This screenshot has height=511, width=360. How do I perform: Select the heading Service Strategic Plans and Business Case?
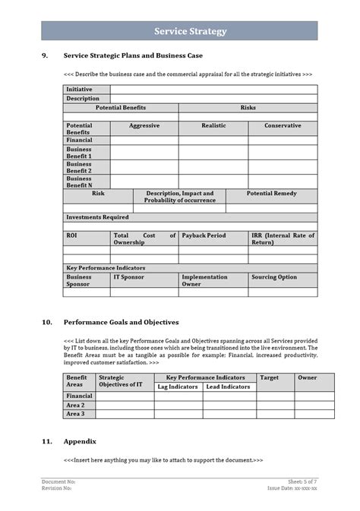pyautogui.click(x=133, y=55)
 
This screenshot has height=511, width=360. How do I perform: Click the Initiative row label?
pyautogui.click(x=79, y=90)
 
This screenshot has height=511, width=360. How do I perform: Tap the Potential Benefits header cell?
pyautogui.click(x=121, y=108)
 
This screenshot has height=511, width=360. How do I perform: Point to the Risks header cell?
pyautogui.click(x=248, y=108)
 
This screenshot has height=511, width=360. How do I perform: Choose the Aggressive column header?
pyautogui.click(x=144, y=125)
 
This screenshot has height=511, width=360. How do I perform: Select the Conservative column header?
pyautogui.click(x=282, y=125)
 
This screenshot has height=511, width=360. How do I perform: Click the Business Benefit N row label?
pyautogui.click(x=79, y=182)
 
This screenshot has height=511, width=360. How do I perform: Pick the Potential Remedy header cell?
pyautogui.click(x=271, y=194)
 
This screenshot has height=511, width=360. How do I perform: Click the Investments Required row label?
pyautogui.click(x=97, y=217)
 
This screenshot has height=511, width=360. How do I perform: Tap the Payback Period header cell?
pyautogui.click(x=204, y=235)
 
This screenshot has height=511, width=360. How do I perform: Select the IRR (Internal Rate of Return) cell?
pyautogui.click(x=283, y=238)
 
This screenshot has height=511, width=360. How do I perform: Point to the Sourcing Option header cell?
pyautogui.click(x=274, y=277)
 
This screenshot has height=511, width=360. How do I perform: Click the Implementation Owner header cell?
pyautogui.click(x=204, y=280)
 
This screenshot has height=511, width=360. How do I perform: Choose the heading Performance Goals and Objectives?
pyautogui.click(x=121, y=322)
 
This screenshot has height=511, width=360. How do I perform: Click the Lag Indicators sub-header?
pyautogui.click(x=178, y=386)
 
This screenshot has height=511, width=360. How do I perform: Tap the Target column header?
pyautogui.click(x=269, y=377)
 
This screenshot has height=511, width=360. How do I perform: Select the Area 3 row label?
pyautogui.click(x=75, y=414)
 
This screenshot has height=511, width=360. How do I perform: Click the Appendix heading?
pyautogui.click(x=80, y=441)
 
